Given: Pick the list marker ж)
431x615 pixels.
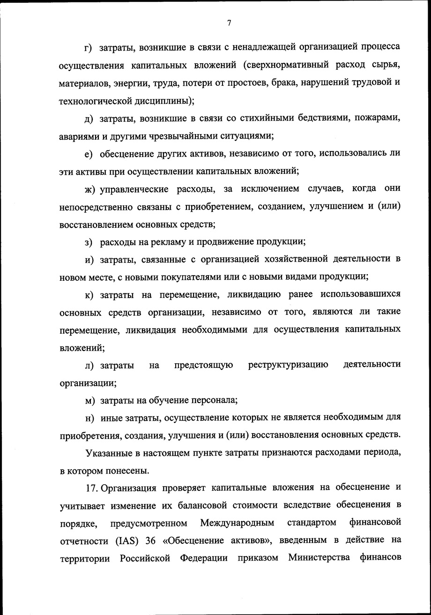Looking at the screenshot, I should click(x=90, y=189).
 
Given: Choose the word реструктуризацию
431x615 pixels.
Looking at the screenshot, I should click(x=288, y=365).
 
